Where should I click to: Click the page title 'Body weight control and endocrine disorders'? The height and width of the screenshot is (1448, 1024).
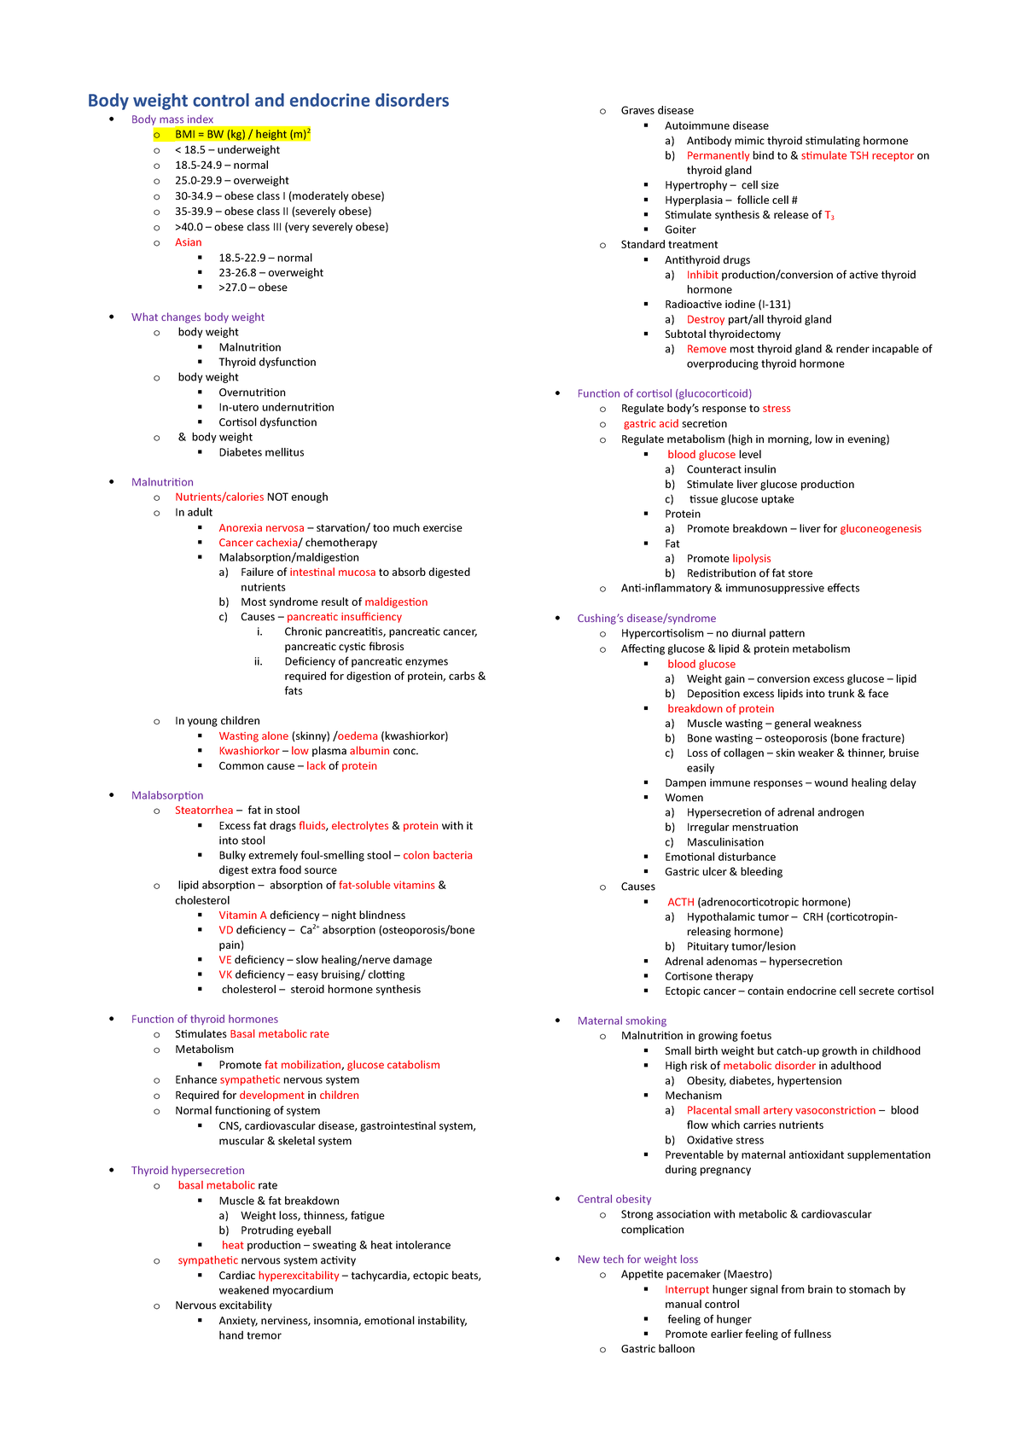pos(268,101)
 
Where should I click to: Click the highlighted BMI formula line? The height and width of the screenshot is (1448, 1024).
pos(242,134)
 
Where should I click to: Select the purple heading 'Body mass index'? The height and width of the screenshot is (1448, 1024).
pos(172,119)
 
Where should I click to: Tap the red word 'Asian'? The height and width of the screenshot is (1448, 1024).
pos(188,242)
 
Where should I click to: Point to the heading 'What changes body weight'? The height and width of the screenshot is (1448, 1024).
pos(197,317)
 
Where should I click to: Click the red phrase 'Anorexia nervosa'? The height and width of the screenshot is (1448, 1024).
pos(261,528)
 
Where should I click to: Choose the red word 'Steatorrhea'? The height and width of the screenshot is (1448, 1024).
pos(204,810)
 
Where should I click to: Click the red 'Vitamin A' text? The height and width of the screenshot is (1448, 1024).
pos(242,915)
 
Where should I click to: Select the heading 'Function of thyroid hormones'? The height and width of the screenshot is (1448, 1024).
pos(204,1019)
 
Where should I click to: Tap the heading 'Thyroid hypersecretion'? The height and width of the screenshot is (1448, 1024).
pos(188,1170)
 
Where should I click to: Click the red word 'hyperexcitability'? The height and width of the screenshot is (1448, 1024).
pos(299,1276)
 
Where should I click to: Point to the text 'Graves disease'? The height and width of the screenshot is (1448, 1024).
pos(657,110)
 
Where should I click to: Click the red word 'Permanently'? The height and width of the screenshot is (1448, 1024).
pos(718,155)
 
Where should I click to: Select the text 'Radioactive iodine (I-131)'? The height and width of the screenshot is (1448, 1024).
pos(727,304)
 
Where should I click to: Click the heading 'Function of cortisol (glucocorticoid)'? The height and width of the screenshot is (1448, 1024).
pos(664,393)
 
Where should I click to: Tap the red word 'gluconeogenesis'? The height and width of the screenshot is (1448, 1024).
pos(880,528)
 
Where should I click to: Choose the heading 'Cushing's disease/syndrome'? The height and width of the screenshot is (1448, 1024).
pos(646,618)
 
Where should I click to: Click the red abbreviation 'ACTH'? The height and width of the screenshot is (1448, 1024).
pos(681,902)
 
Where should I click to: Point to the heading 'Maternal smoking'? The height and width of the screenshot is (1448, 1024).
pos(621,1021)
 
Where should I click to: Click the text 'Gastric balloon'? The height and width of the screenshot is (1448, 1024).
pos(657,1349)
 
